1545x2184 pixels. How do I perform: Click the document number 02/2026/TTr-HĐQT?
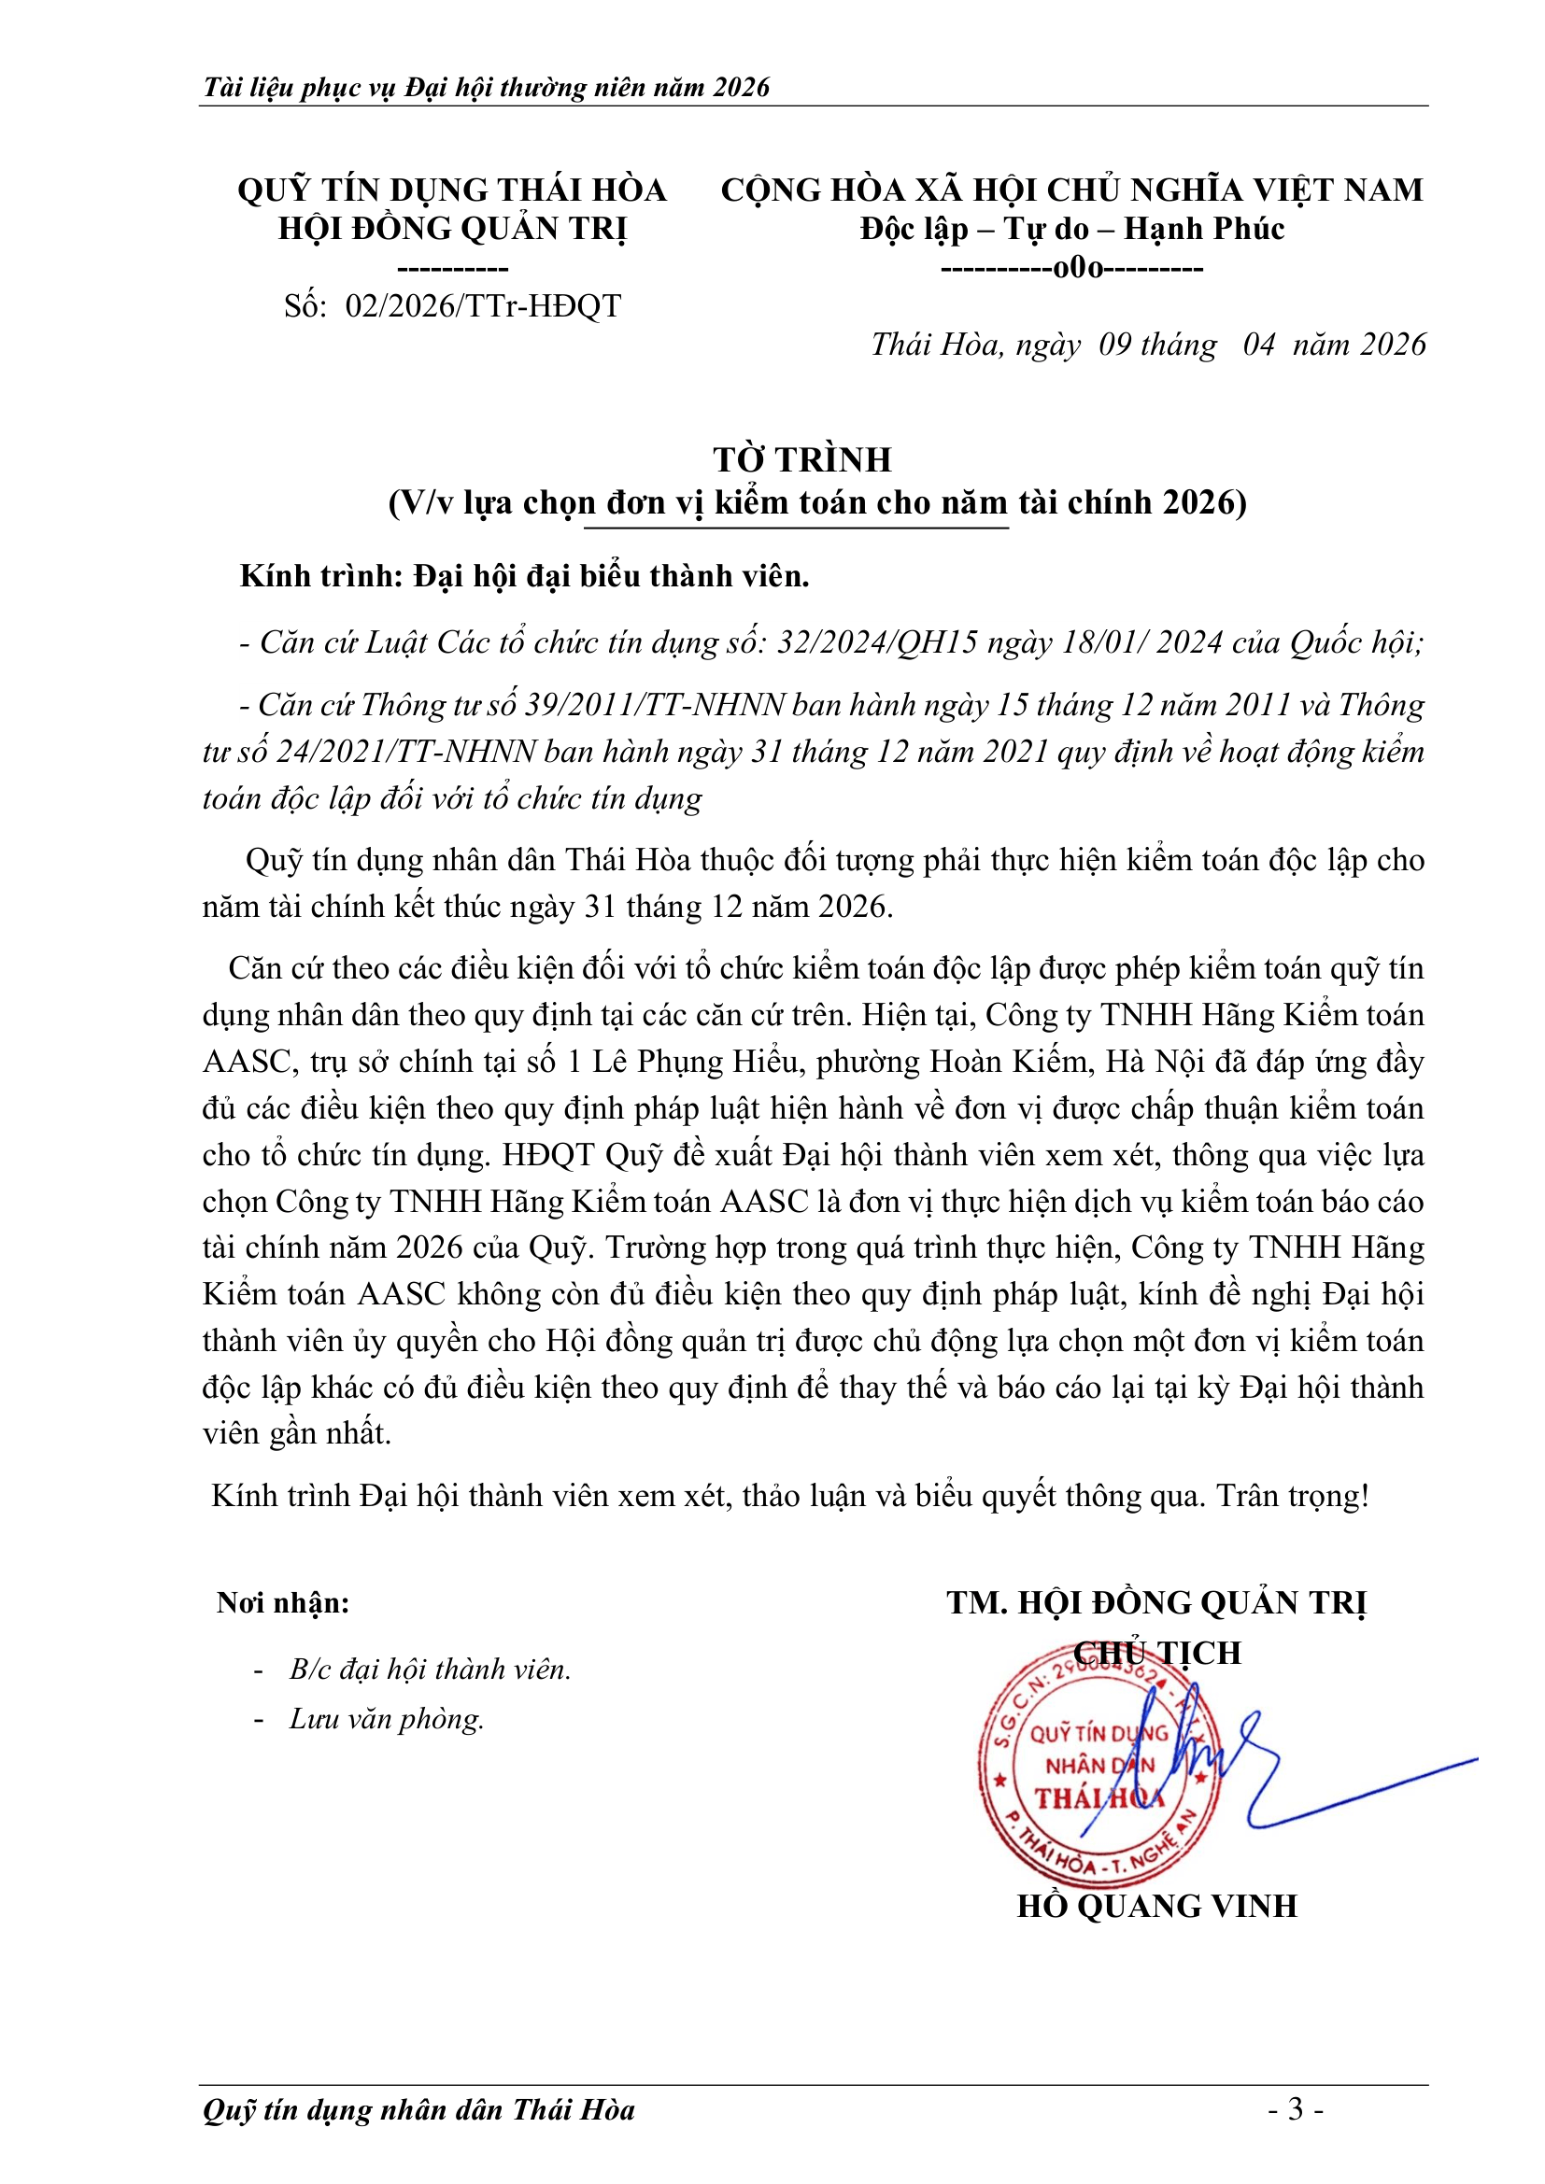click(482, 306)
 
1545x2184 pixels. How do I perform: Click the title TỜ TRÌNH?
click(802, 460)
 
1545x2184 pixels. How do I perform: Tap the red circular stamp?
click(1099, 1769)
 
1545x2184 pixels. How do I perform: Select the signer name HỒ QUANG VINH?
click(1156, 1907)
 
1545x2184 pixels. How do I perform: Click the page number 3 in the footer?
click(1296, 2110)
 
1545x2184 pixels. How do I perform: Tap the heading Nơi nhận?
click(284, 1603)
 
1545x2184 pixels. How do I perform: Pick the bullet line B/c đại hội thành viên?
click(430, 1670)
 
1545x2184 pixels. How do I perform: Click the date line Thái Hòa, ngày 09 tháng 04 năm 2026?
click(1148, 345)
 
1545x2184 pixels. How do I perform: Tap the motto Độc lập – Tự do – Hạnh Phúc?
click(1072, 230)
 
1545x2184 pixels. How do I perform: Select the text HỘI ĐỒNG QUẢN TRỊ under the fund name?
click(453, 230)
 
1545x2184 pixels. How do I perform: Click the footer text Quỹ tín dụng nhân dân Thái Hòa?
click(418, 2110)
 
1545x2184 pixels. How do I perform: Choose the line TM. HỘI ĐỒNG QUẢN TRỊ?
click(1156, 1603)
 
